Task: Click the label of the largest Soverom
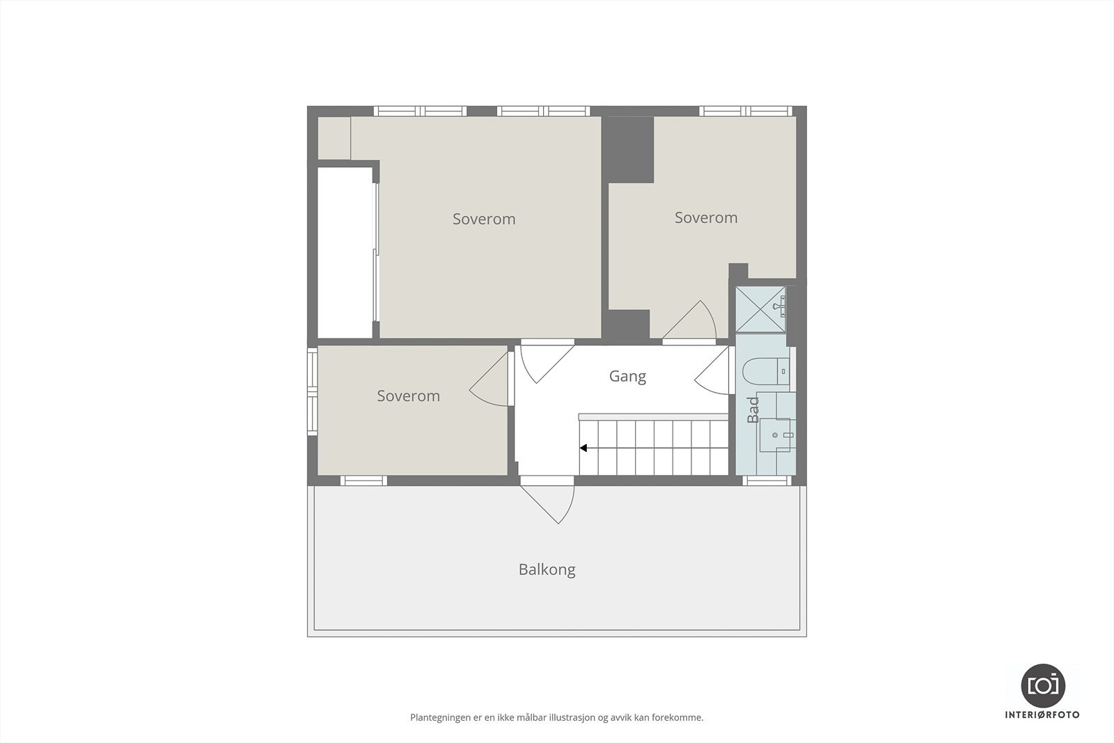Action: pos(484,219)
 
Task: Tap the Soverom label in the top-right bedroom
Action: pos(705,217)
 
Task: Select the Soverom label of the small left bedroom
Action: pos(408,396)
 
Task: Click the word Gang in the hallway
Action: pos(627,376)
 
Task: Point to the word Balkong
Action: pos(547,570)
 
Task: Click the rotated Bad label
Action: pos(753,410)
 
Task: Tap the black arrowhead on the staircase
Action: pos(583,448)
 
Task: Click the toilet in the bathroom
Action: pos(764,371)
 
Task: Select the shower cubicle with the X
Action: pos(760,308)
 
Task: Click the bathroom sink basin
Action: pos(776,435)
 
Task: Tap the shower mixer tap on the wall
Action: pos(783,306)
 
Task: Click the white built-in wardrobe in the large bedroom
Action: pos(345,252)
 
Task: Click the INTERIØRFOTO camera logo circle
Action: pos(1042,685)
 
